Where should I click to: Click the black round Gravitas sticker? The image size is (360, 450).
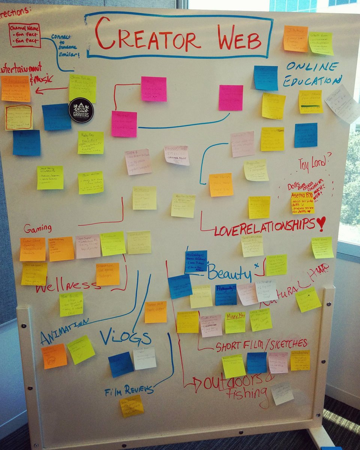click(x=81, y=110)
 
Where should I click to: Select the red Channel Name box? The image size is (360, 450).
click(x=25, y=35)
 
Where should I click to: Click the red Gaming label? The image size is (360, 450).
click(x=37, y=228)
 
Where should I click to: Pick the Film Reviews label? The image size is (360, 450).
click(x=129, y=390)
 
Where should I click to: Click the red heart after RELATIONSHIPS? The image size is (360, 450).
click(x=321, y=224)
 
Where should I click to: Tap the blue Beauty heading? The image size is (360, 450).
click(x=229, y=273)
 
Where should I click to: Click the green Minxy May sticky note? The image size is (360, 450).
click(x=235, y=322)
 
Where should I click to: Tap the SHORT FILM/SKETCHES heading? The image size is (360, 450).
click(x=261, y=345)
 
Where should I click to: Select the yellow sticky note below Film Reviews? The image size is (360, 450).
click(x=132, y=406)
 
